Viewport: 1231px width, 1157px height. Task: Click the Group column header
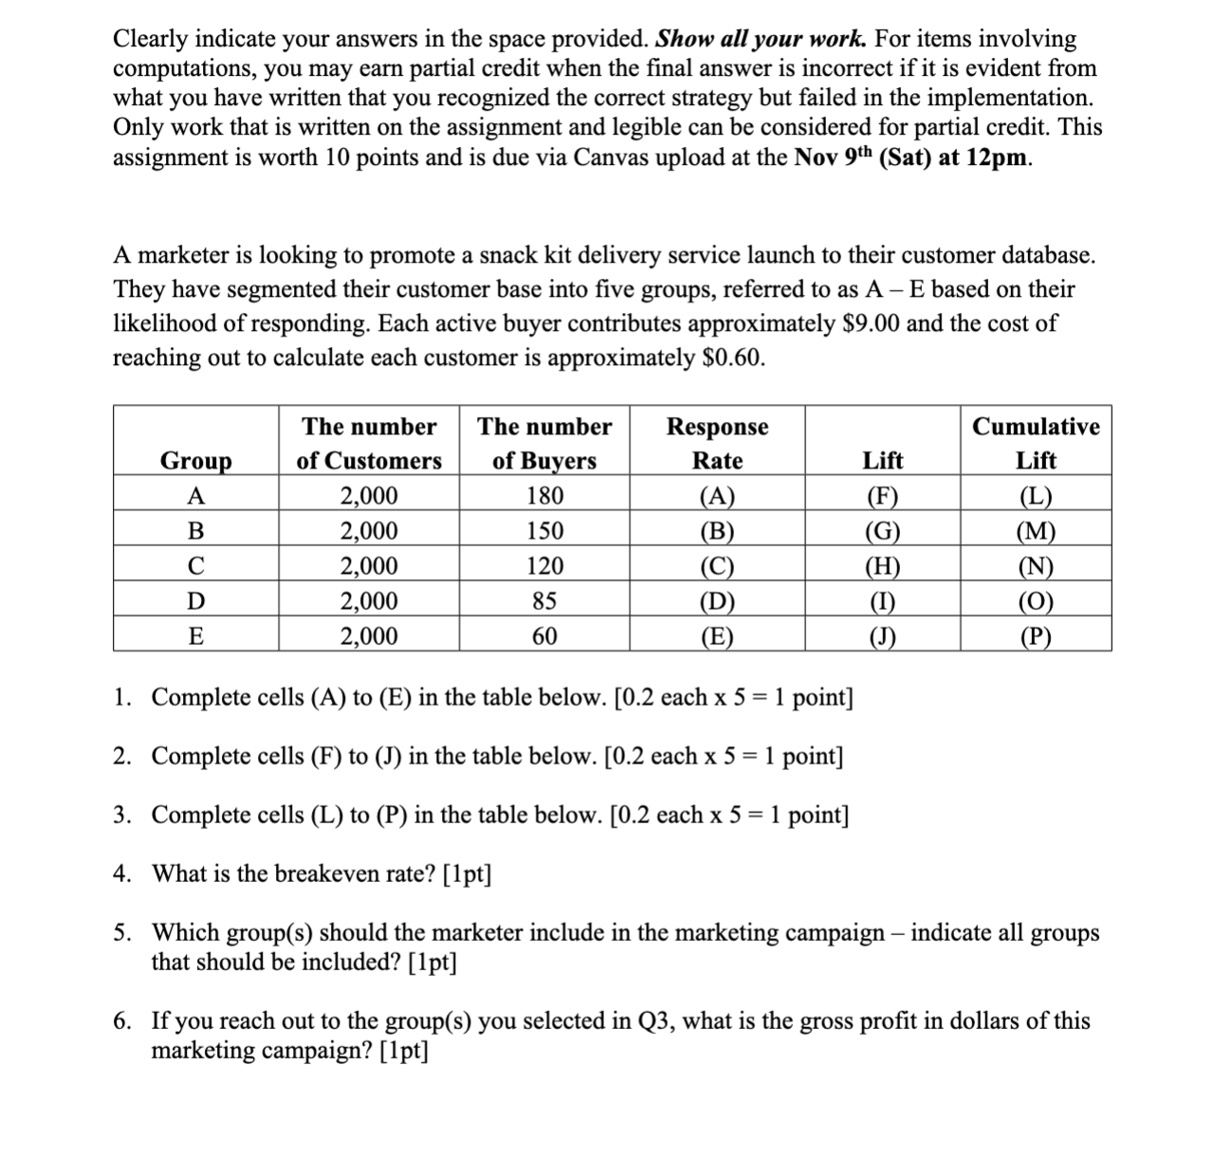195,461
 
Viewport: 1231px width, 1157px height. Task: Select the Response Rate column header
717,443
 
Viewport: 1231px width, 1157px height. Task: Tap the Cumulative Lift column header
1036,443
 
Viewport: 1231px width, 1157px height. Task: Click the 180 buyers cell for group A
544,496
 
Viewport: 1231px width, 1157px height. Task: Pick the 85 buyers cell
544,601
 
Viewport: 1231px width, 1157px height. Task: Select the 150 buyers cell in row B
544,531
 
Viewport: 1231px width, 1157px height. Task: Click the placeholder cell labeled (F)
882,496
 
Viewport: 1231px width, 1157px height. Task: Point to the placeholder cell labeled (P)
1036,636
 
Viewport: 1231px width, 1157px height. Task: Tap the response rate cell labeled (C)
717,566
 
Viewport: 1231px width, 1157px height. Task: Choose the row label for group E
195,636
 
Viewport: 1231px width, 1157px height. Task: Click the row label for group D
195,601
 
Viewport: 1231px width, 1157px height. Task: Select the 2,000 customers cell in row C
369,566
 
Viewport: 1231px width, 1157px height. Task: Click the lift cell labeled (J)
882,636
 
